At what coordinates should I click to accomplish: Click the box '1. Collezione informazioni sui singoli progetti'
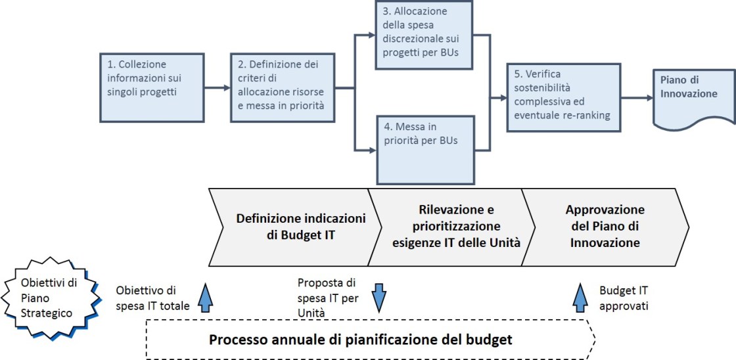152,87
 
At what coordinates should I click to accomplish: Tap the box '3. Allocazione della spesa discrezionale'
425,35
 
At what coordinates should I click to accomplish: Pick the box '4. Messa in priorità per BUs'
425,149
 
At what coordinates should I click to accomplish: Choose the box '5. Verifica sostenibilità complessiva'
563,97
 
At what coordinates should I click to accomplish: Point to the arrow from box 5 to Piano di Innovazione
636,97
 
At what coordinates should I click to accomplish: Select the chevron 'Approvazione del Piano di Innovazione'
605,227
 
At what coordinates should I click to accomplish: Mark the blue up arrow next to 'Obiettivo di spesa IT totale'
206,298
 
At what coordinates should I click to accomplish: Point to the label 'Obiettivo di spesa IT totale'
152,298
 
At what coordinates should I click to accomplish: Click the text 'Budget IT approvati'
624,298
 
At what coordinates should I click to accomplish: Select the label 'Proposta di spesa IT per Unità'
327,298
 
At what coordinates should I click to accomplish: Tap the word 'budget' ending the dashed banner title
487,340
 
